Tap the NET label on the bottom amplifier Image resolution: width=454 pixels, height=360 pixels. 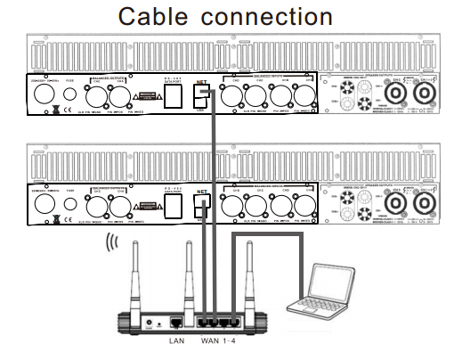pyautogui.click(x=202, y=190)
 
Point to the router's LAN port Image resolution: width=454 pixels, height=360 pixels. pyautogui.click(x=176, y=320)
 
